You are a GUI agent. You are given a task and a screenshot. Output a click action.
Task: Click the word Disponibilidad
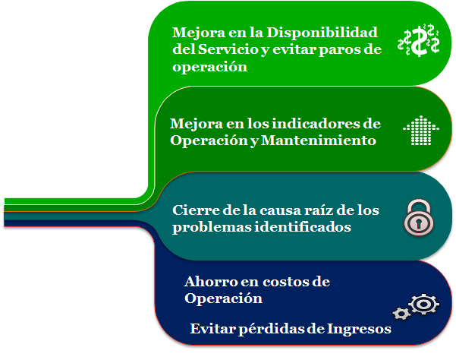[322, 33]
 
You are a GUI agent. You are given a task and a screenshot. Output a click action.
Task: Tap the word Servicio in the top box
[228, 49]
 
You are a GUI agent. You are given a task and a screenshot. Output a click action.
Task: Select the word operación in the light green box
[209, 67]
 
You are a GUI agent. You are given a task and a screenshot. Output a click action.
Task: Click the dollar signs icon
[419, 39]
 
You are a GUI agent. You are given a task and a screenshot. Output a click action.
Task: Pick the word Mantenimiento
[319, 141]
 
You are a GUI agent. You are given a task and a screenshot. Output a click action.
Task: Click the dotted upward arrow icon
[421, 131]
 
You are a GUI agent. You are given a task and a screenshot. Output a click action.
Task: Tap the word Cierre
[196, 210]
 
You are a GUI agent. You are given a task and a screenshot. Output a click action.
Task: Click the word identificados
[303, 227]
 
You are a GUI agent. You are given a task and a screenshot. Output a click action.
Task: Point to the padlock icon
[419, 216]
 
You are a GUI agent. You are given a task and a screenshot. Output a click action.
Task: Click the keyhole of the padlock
[419, 223]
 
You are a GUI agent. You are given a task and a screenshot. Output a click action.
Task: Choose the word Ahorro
[207, 282]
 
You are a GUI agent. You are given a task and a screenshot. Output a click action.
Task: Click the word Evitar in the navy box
[213, 329]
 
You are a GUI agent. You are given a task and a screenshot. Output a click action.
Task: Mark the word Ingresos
[359, 330]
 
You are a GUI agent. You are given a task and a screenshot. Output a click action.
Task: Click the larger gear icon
[423, 304]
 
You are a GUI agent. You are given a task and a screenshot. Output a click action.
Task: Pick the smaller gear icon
[401, 314]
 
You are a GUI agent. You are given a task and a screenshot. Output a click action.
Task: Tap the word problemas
[212, 227]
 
